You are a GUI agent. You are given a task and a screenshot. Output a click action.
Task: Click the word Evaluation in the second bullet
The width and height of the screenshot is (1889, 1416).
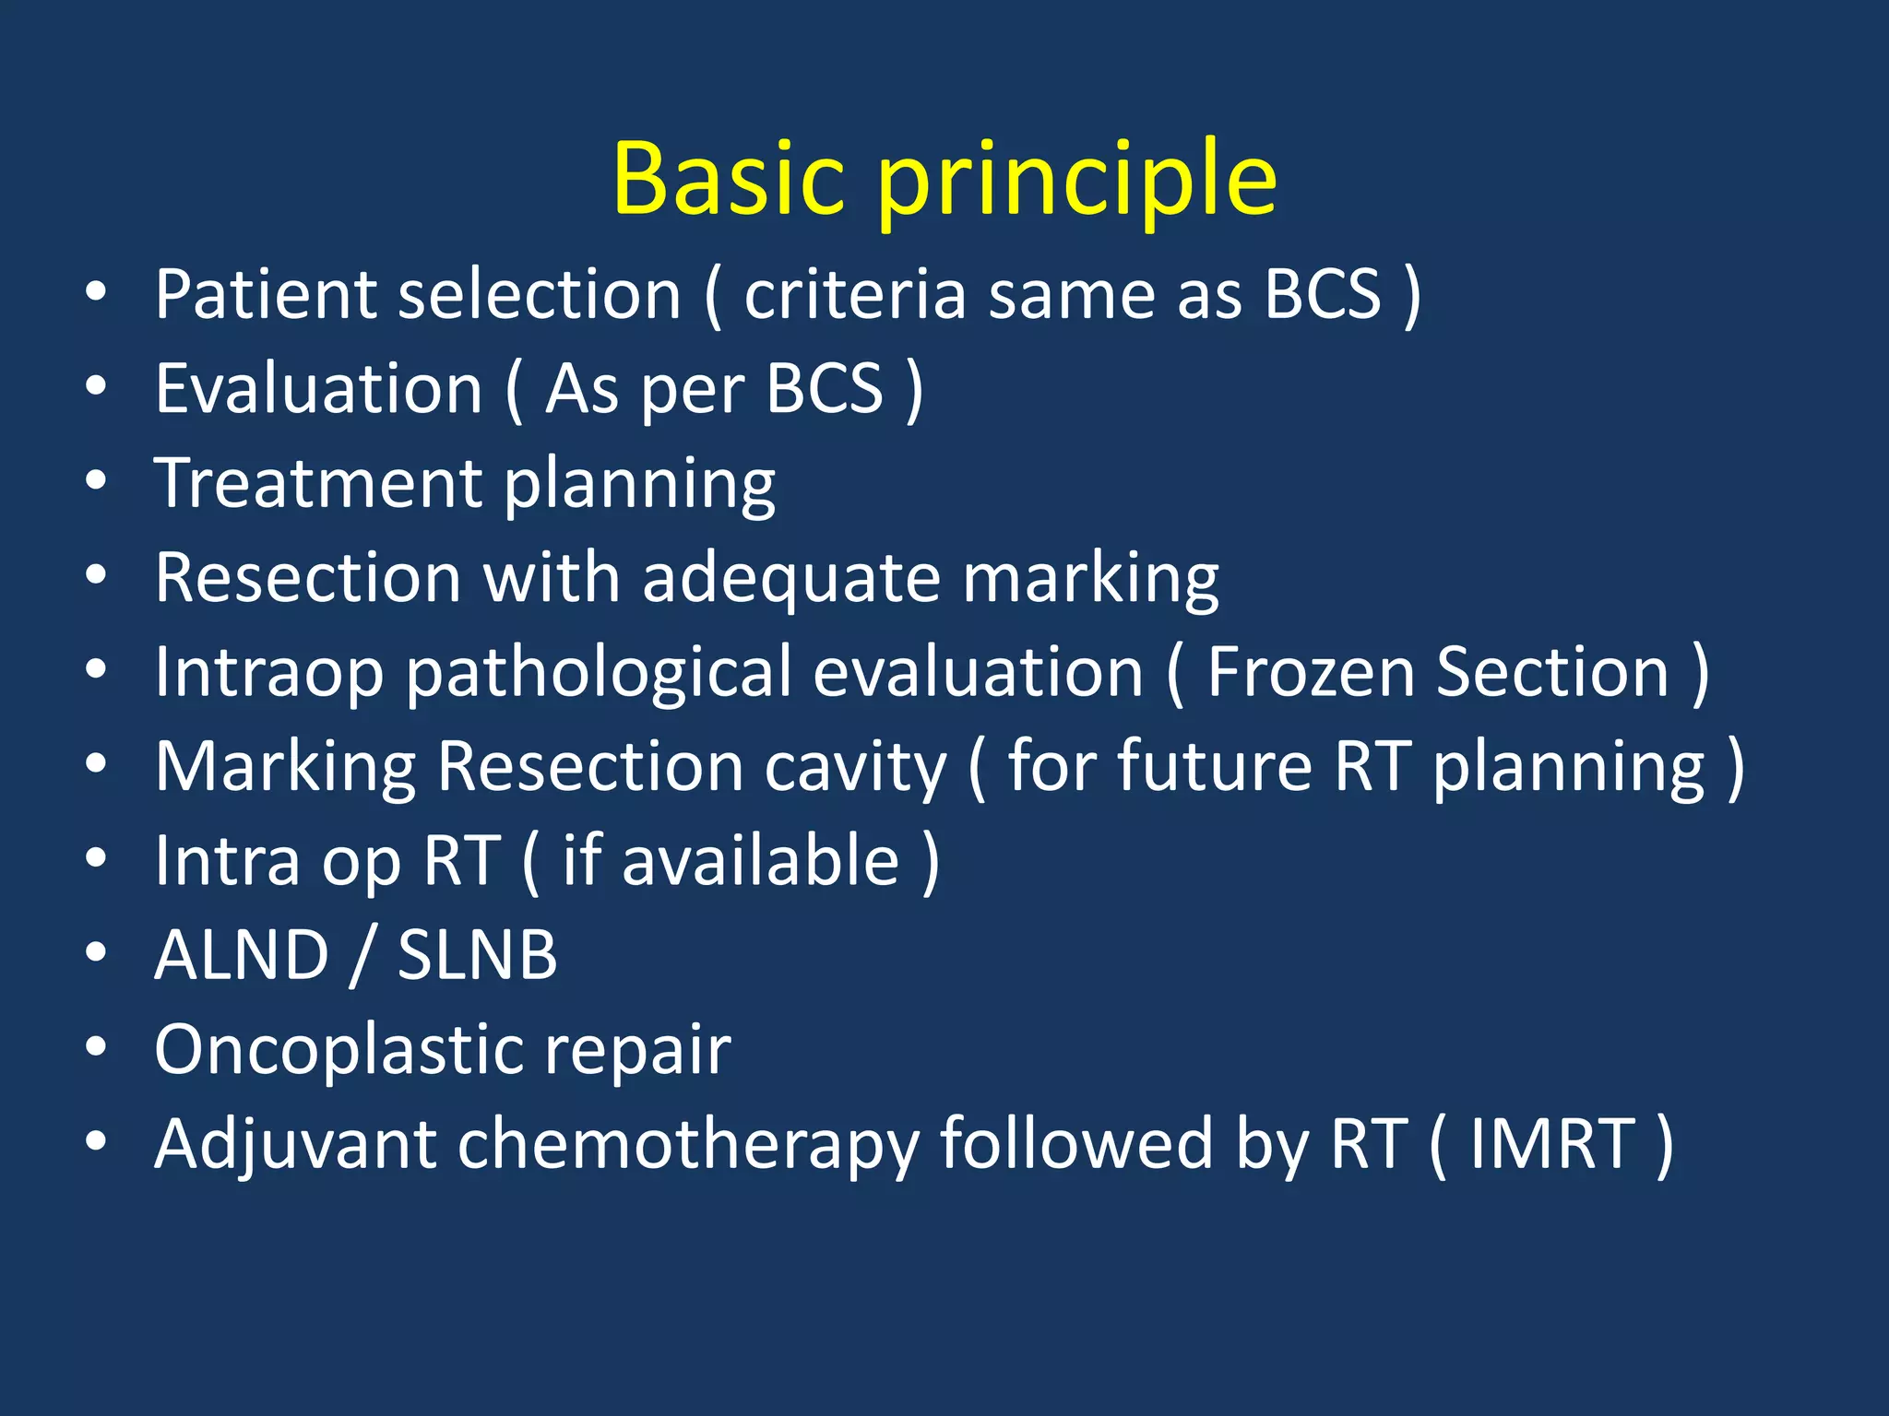click(319, 389)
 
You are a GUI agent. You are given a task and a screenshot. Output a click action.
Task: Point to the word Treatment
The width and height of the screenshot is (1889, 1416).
click(319, 483)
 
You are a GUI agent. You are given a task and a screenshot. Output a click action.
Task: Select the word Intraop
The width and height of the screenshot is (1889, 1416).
click(268, 674)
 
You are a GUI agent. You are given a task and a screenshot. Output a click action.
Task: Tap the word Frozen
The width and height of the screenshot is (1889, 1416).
click(1310, 672)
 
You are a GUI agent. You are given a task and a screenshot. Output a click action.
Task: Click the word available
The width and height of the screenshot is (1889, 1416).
click(760, 861)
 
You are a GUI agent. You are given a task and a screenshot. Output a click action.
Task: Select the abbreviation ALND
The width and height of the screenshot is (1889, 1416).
click(242, 955)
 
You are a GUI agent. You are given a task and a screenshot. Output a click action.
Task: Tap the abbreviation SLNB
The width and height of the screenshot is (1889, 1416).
click(477, 955)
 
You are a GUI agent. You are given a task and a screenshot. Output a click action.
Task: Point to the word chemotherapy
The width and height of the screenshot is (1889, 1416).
click(688, 1146)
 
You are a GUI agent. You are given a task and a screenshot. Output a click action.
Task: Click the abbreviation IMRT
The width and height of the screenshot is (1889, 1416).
click(1552, 1145)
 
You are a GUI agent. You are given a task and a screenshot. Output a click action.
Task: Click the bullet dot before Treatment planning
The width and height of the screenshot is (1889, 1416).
click(96, 481)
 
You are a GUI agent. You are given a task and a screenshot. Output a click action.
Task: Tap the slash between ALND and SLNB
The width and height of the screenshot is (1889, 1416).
click(362, 957)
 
